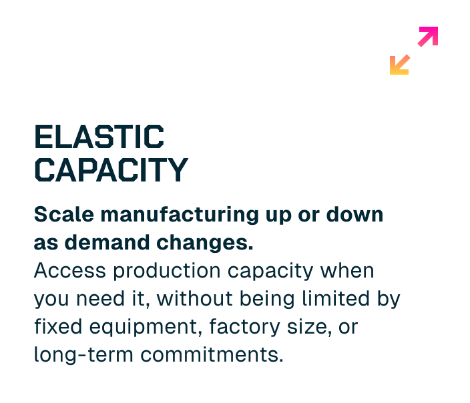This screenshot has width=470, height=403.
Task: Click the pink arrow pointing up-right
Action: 428,36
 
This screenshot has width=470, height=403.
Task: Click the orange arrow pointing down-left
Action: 399,65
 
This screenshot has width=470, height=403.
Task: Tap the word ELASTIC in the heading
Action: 99,138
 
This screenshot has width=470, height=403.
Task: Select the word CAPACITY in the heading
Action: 111,170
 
